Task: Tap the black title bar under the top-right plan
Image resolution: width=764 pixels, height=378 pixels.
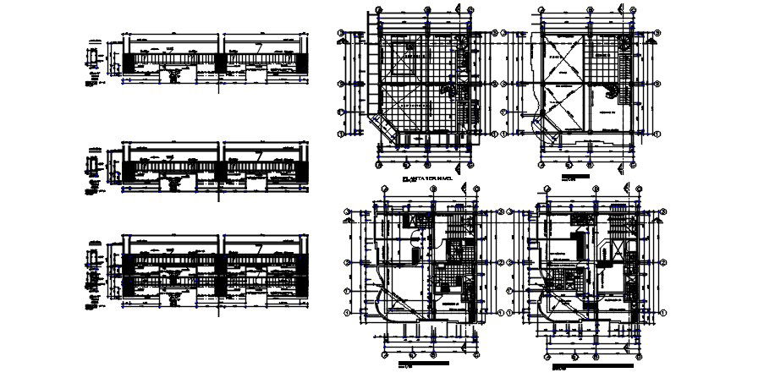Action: pos(577,179)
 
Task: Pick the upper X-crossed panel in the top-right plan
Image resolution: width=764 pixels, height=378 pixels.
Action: pos(561,59)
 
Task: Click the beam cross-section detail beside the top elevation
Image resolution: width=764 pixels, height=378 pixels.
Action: pos(92,62)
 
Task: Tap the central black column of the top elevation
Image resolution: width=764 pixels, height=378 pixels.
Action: pos(222,64)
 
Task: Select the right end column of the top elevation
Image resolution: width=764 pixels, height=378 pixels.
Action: pos(305,63)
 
